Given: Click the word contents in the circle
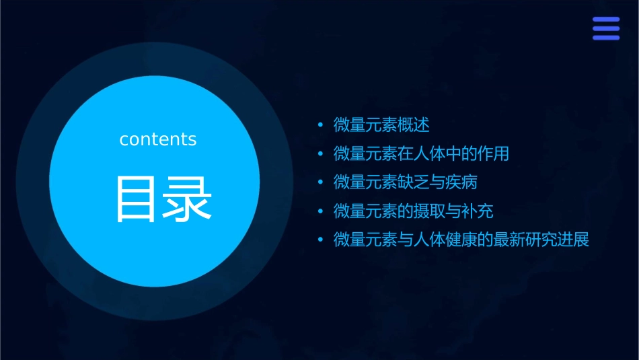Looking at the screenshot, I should (x=158, y=139).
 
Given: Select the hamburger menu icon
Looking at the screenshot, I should (x=605, y=29).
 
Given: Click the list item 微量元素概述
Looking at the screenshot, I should (x=381, y=124).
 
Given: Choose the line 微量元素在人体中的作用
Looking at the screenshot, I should (x=421, y=153).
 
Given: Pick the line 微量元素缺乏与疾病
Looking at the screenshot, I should (x=405, y=182).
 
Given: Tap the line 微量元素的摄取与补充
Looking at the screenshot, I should (x=413, y=211).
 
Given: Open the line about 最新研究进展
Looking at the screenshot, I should (x=461, y=240).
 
